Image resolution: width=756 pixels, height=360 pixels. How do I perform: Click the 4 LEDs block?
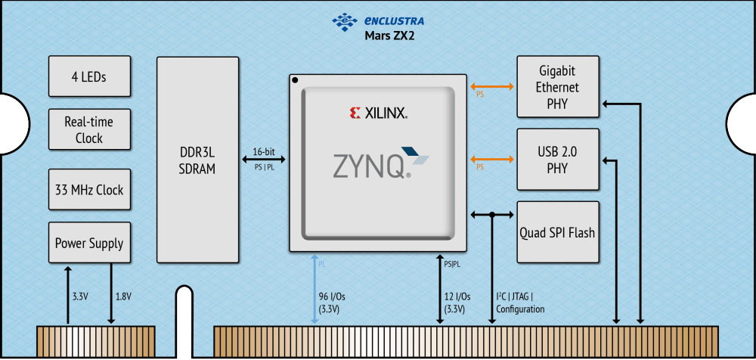[x=88, y=76]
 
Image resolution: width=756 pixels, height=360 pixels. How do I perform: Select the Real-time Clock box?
[x=88, y=130]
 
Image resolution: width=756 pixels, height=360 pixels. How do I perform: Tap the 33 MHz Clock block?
[x=88, y=189]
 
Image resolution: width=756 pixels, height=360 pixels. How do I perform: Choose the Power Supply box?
[x=88, y=244]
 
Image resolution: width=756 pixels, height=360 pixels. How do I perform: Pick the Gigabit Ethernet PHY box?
[x=557, y=87]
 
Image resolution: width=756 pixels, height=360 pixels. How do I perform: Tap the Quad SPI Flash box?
[x=557, y=232]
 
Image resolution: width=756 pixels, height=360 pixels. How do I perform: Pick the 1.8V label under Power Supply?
[x=122, y=296]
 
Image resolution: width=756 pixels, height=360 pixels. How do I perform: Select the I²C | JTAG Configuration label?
[x=520, y=303]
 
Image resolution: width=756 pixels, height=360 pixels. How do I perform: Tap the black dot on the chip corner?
[x=296, y=80]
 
